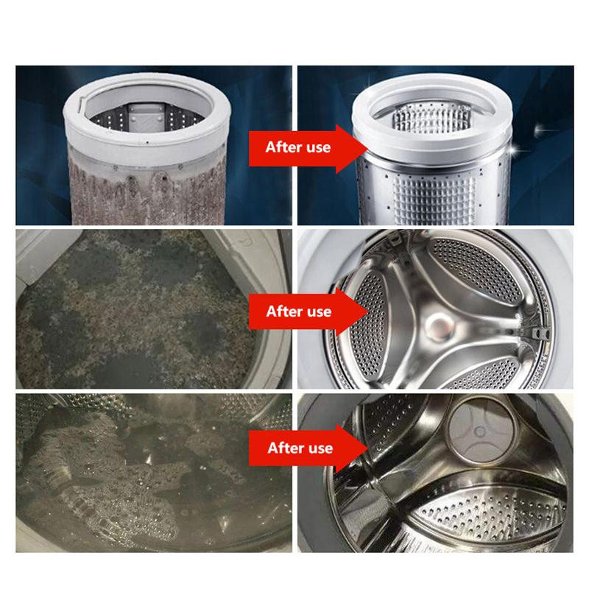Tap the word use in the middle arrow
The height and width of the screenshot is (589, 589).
(319, 311)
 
